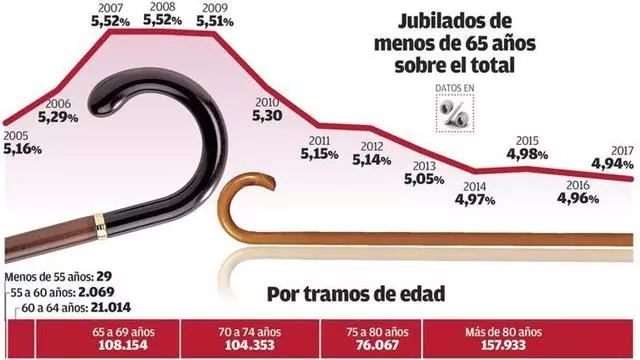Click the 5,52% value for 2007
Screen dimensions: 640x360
coord(110,21)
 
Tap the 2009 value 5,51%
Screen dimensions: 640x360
coord(215,21)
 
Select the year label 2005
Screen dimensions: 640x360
coord(16,136)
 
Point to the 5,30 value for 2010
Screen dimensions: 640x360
coord(267,116)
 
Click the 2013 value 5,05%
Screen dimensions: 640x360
coord(424,179)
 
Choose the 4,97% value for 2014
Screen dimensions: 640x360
coord(475,200)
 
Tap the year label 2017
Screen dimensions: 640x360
coord(622,151)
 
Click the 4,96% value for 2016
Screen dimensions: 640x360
coord(578,198)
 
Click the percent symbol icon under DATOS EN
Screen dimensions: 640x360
coord(455,113)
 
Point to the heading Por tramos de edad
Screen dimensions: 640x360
coord(356,294)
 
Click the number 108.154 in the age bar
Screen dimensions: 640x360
coord(123,345)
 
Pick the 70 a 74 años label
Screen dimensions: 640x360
coord(249,332)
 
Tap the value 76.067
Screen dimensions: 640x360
coord(377,345)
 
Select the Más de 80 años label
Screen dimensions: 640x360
coord(503,332)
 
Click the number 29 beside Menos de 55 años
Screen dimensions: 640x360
coord(104,277)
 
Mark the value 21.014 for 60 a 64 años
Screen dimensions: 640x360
coord(111,307)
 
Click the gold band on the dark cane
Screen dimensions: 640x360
coord(100,226)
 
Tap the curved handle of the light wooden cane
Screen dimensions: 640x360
coord(241,192)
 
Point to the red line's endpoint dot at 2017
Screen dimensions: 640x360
coord(631,179)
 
